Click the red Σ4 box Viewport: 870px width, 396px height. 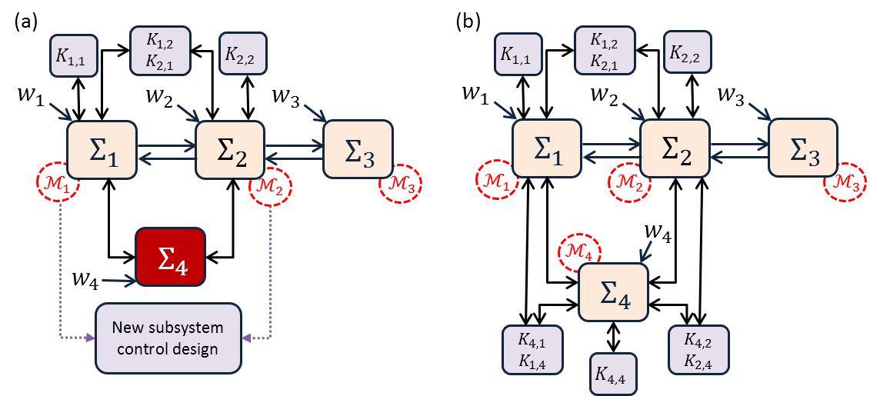[170, 258]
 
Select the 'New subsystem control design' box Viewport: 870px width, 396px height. [168, 338]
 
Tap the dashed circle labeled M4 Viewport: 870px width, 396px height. [579, 251]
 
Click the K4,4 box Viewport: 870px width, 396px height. [613, 374]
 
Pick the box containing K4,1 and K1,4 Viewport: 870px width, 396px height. [532, 350]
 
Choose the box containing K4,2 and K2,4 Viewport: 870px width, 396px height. [698, 350]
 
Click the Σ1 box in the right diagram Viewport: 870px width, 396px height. [547, 148]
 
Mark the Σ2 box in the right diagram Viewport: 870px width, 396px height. [675, 148]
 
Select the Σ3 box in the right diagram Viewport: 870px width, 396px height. [803, 148]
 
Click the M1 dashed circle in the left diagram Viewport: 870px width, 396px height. [58, 182]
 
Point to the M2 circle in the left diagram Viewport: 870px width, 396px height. [271, 186]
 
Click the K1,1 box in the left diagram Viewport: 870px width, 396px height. [74, 55]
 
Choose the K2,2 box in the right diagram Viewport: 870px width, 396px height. [687, 53]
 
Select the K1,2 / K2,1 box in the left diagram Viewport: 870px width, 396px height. [160, 51]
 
